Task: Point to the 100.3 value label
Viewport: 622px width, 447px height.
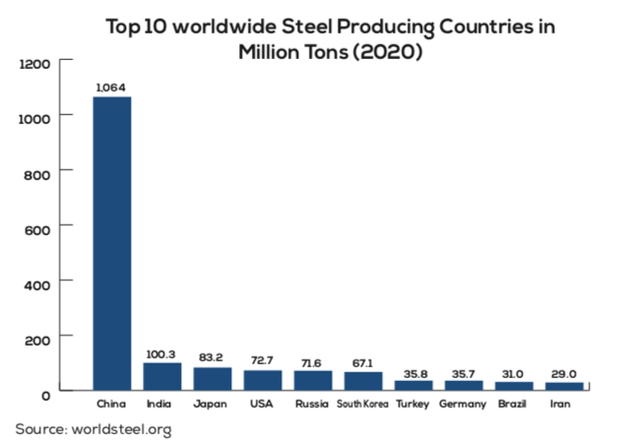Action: coord(162,353)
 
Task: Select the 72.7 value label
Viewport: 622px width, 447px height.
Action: coord(263,360)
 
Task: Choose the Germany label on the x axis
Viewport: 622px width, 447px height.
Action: coord(464,405)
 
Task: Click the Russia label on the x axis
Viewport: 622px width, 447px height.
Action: coord(313,405)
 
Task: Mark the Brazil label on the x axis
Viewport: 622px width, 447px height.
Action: coord(514,405)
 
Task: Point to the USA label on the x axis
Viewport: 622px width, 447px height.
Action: coord(263,405)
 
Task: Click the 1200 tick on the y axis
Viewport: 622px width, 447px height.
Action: coord(33,64)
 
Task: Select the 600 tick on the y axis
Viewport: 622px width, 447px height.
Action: coord(37,227)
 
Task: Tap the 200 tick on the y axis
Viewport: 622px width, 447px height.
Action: coord(37,338)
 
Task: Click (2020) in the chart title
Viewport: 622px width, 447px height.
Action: coord(385,50)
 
